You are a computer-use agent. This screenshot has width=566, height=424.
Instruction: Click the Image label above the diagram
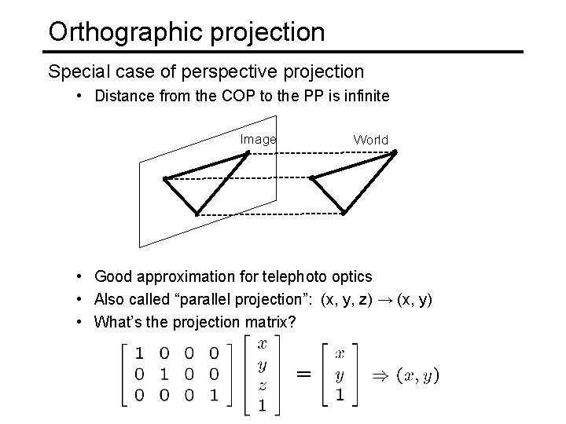[258, 140]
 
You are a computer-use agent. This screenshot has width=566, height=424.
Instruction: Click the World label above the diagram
[370, 140]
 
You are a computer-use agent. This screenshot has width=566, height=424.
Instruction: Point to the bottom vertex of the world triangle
[344, 213]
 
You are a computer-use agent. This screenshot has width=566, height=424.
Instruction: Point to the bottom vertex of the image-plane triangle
[196, 213]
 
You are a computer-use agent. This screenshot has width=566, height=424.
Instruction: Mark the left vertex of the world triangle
[312, 177]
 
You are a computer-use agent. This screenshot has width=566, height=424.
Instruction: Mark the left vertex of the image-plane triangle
[164, 179]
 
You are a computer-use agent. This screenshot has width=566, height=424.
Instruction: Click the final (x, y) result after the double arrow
[417, 375]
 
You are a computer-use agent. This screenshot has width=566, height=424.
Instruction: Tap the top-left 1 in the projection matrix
[139, 352]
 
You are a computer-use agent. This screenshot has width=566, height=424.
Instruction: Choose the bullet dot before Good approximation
[82, 276]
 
